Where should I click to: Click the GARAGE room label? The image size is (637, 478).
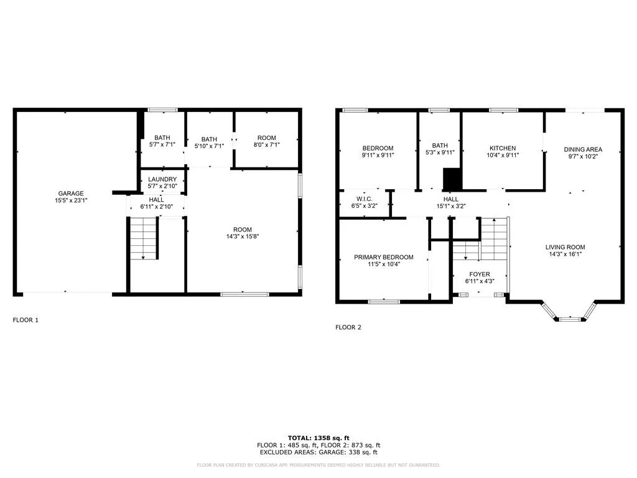71,194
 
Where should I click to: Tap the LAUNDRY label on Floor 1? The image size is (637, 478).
162,179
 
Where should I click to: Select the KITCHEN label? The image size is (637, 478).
503,148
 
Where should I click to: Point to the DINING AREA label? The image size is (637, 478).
583,149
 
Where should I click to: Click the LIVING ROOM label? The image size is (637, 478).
565,247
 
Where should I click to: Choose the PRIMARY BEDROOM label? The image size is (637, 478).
383,257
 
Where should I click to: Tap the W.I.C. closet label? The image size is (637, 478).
365,199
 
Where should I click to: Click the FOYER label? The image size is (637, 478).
480,274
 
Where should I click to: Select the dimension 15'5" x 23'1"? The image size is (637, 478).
71,200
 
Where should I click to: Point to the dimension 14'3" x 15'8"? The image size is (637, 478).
243,236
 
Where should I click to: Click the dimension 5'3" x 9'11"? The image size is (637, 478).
440,152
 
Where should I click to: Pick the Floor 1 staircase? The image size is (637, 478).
144,238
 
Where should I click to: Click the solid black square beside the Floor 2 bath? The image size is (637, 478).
452,179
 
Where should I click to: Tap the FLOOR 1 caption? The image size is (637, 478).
26,320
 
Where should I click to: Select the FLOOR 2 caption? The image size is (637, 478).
348,327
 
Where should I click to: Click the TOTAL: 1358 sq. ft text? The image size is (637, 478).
318,438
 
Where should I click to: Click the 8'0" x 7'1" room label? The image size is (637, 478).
266,144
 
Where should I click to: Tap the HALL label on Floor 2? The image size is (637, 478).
451,199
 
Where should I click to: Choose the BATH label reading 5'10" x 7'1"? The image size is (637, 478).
209,139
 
